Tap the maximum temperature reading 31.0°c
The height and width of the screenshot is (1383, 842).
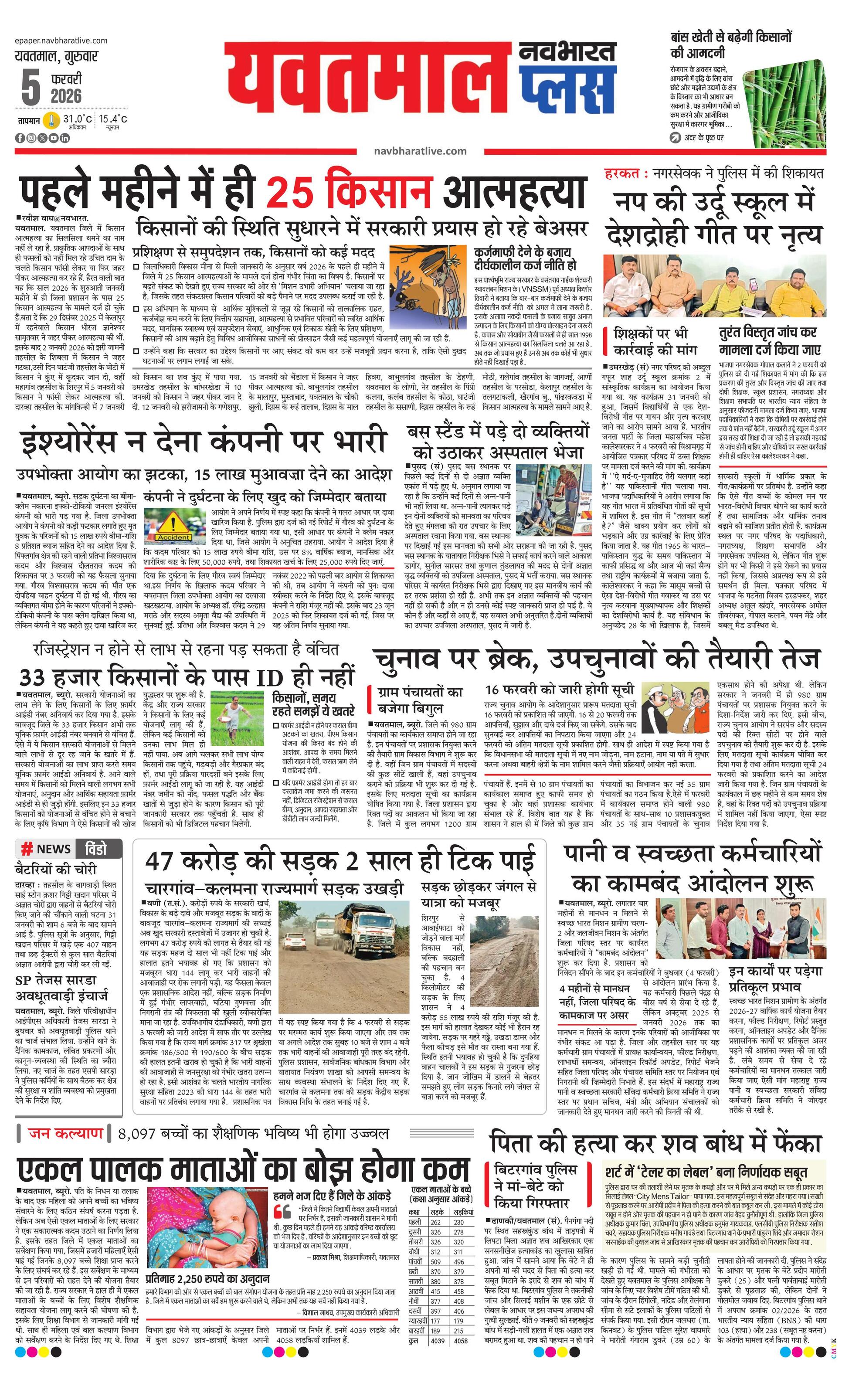tap(78, 119)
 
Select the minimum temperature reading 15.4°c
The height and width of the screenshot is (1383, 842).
tap(113, 119)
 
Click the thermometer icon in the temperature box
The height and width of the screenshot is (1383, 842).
tap(51, 121)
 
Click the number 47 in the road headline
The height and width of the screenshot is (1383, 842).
tap(164, 860)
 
